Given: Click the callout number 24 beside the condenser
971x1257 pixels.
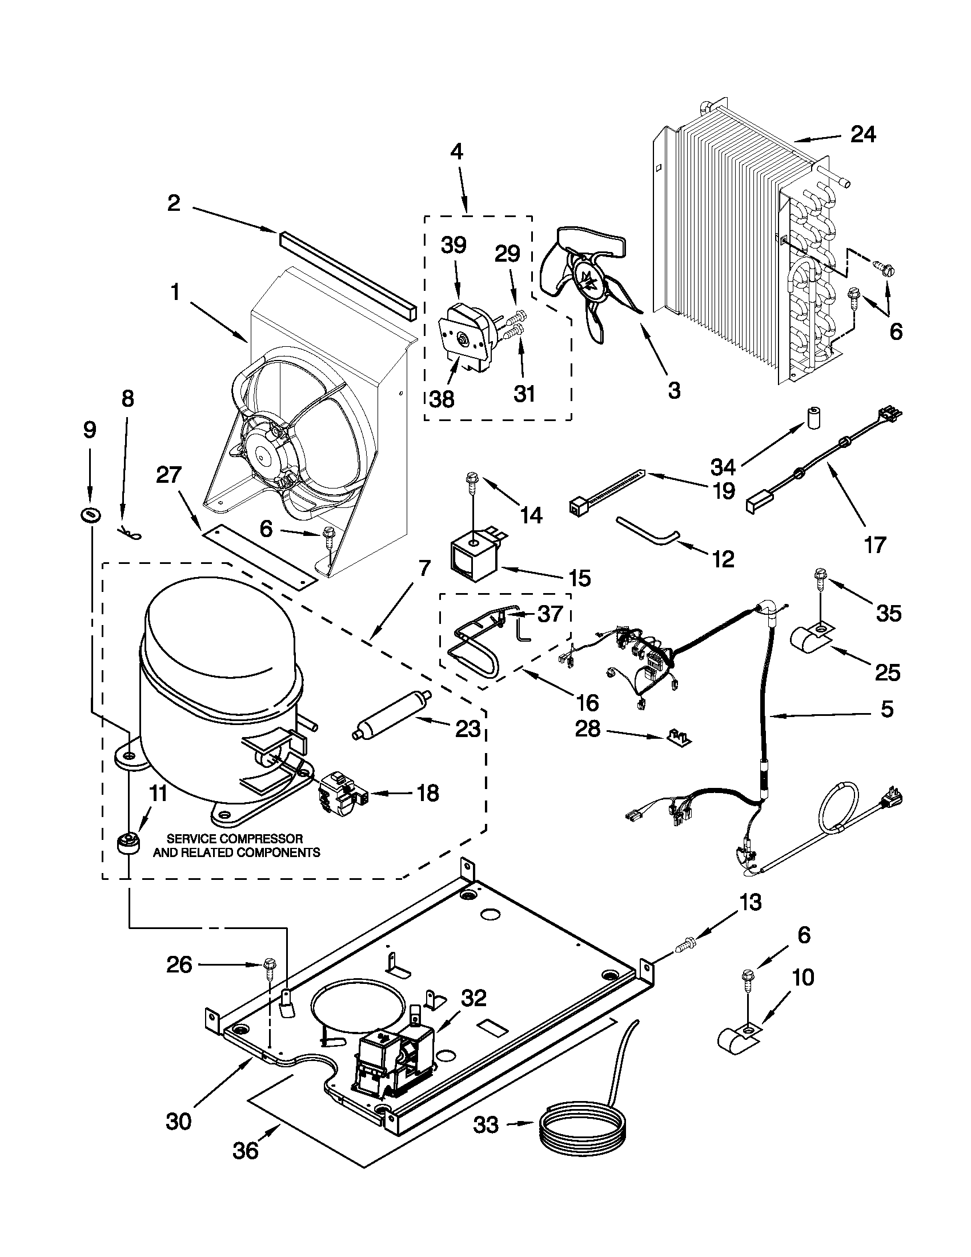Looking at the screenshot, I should pos(863,134).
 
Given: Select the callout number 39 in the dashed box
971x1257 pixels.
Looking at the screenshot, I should pos(454,245).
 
